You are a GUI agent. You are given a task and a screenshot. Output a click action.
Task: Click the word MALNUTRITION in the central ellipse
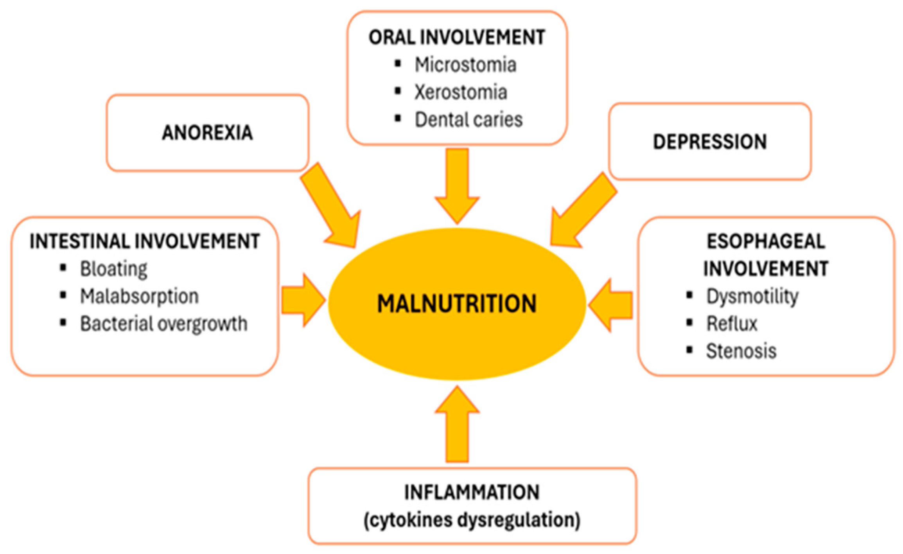[456, 304]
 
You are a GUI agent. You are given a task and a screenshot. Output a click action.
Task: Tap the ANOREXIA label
[207, 133]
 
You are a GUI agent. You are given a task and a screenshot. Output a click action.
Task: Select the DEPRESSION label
[709, 142]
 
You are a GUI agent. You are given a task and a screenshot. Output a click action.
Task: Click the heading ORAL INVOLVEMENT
[457, 38]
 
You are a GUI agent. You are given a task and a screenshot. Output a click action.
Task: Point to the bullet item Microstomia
[465, 65]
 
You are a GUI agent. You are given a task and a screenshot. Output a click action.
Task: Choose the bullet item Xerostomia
[461, 92]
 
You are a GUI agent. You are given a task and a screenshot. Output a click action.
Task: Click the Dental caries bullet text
[469, 120]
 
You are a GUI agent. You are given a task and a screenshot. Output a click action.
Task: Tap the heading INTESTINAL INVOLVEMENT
[145, 241]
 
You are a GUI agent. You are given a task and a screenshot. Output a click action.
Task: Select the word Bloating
[113, 269]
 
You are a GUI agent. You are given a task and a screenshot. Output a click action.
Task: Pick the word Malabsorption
[139, 297]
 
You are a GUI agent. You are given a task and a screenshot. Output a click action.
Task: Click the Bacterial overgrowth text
[163, 324]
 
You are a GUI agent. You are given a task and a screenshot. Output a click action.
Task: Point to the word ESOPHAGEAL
[766, 241]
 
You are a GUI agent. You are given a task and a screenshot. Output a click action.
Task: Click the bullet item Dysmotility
[752, 297]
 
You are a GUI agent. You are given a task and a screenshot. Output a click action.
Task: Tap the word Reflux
[731, 324]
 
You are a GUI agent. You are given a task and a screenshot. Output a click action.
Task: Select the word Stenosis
[741, 351]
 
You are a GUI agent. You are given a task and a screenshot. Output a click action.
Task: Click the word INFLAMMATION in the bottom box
[472, 492]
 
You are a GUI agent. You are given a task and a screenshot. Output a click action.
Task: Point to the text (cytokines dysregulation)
[472, 520]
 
